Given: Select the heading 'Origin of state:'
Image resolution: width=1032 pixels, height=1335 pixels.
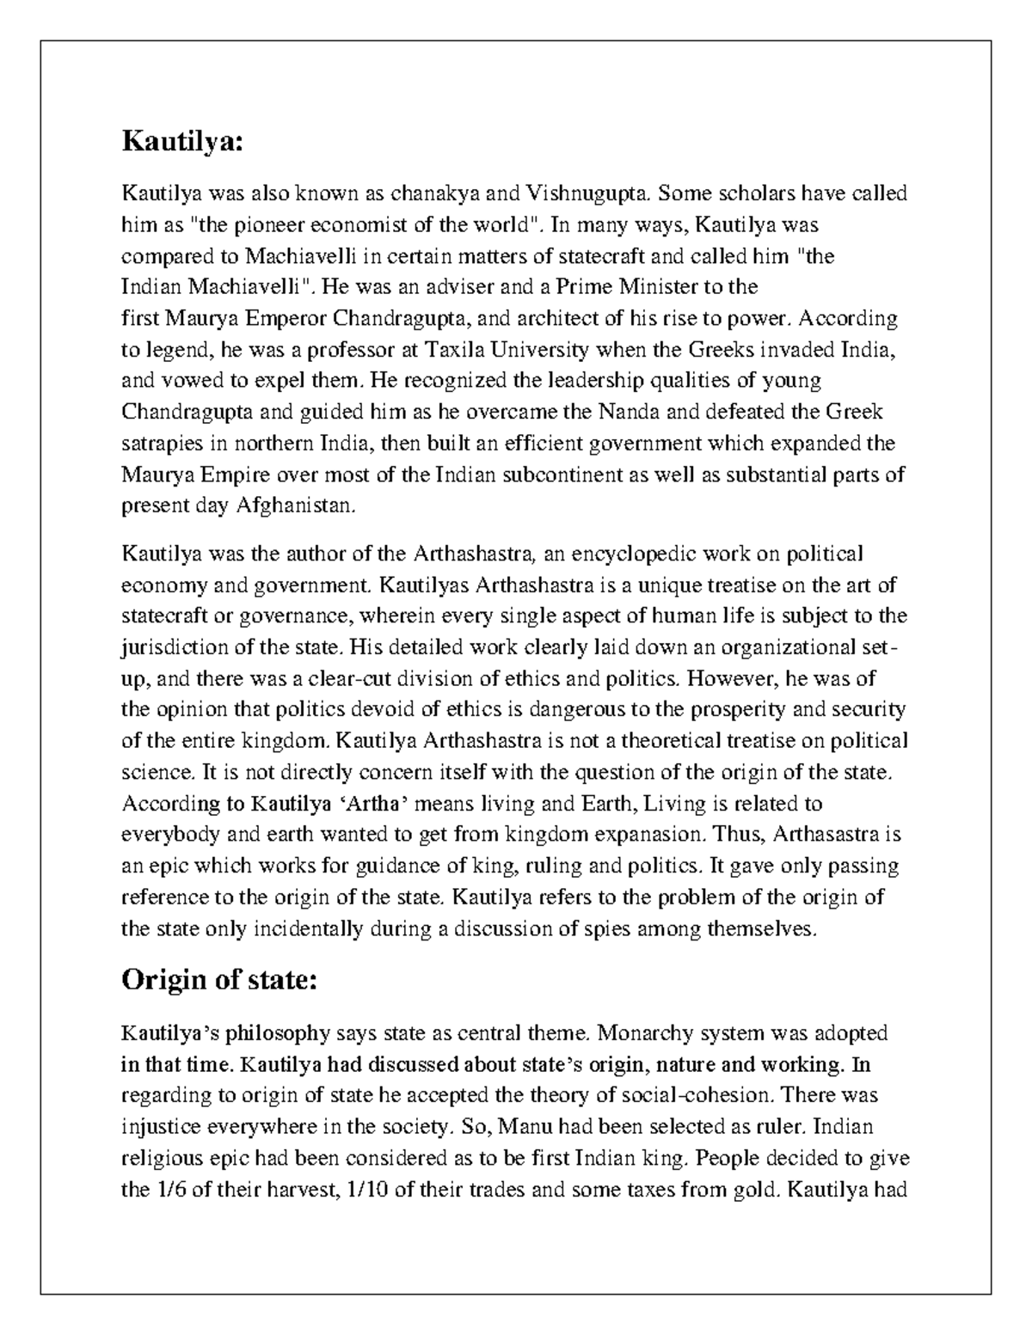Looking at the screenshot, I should (219, 979).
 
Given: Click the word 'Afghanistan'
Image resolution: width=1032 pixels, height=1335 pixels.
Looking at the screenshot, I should (294, 506).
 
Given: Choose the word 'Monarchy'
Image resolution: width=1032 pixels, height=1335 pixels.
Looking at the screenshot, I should (637, 1032).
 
